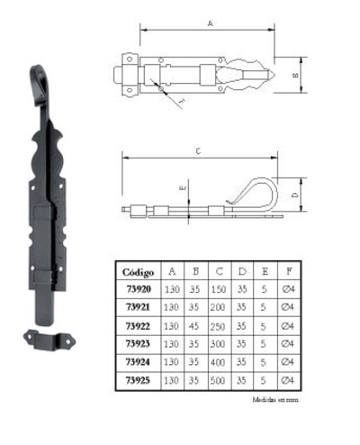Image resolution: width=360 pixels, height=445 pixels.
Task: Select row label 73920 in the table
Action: click(x=137, y=289)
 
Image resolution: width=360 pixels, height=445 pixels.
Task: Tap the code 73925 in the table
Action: click(x=137, y=380)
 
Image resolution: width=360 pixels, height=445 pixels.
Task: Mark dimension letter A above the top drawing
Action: click(x=210, y=26)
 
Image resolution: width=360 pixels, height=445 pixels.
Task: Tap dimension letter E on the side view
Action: click(x=183, y=188)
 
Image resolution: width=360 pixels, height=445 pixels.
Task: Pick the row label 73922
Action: click(x=137, y=325)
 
